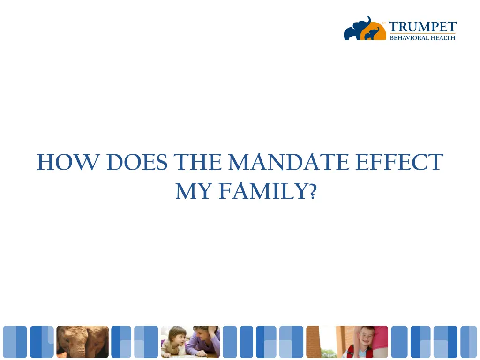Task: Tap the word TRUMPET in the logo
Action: coord(422,27)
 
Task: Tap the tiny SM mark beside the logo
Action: coord(384,22)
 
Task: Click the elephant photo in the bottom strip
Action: coord(82,342)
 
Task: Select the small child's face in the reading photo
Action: coord(178,337)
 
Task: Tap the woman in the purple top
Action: coord(204,342)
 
